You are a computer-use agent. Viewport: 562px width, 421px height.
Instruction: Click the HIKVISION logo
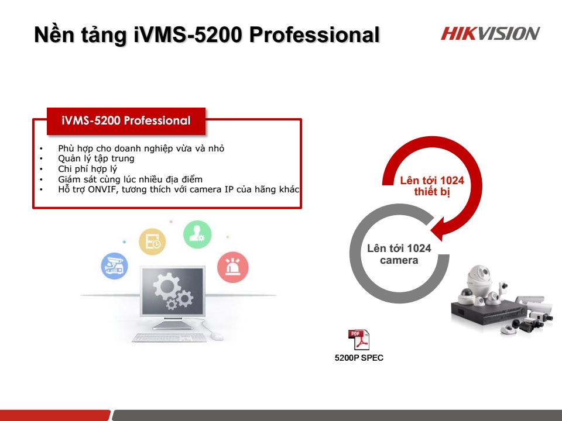click(x=490, y=33)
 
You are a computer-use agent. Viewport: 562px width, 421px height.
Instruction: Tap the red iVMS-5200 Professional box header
click(x=126, y=121)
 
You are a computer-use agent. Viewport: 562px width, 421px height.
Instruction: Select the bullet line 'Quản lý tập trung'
click(x=96, y=158)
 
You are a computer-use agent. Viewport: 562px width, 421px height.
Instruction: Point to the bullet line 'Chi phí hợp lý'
click(x=87, y=169)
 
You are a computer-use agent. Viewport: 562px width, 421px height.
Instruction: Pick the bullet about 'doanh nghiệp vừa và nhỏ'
click(x=141, y=149)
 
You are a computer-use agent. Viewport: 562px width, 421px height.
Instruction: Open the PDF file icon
click(x=359, y=340)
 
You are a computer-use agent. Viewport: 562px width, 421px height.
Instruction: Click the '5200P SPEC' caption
click(x=359, y=358)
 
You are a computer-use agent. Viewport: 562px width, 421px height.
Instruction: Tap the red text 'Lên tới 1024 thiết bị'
click(x=432, y=187)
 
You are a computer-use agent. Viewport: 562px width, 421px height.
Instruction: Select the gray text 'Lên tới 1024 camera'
click(x=399, y=254)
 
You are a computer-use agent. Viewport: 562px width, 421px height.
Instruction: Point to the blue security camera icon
click(x=114, y=266)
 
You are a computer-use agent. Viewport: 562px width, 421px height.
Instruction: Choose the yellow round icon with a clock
click(x=152, y=241)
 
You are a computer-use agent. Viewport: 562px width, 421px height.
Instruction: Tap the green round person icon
click(x=197, y=234)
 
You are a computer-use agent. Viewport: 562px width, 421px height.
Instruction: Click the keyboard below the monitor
click(x=169, y=337)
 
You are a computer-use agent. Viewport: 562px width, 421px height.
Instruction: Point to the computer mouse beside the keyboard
click(x=217, y=336)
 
